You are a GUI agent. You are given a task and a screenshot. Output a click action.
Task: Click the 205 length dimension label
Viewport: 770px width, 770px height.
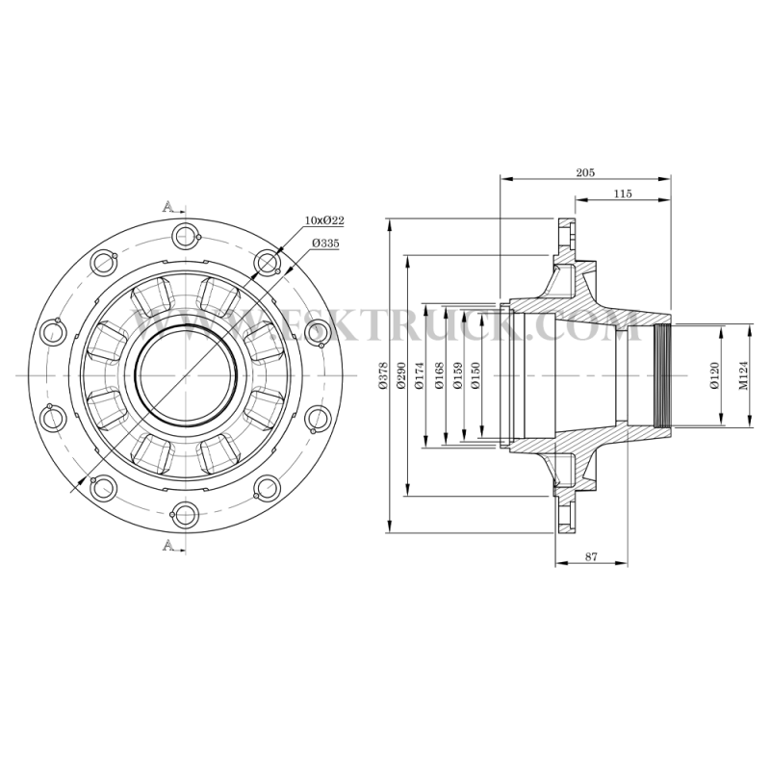pos(585,172)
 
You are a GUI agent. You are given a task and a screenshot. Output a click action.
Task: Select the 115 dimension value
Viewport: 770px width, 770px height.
pos(623,193)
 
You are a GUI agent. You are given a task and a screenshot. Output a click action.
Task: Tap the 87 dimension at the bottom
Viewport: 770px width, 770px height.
pos(591,557)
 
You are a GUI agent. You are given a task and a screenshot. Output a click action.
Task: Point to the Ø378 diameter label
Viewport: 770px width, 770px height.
pos(383,375)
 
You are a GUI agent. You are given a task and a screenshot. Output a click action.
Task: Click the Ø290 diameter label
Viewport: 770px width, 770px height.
pos(400,375)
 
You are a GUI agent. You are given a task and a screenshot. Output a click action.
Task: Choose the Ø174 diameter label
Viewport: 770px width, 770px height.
pos(419,375)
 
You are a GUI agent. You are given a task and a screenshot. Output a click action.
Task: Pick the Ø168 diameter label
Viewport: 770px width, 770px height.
pos(439,375)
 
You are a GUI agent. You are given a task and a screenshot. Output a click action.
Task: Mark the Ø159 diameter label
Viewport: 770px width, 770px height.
pos(458,375)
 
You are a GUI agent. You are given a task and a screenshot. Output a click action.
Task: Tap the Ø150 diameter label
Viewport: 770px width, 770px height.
pos(475,375)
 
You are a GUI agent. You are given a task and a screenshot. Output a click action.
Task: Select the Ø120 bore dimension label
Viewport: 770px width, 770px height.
pos(714,375)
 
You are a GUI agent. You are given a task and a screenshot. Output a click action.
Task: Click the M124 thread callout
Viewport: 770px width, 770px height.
pos(743,375)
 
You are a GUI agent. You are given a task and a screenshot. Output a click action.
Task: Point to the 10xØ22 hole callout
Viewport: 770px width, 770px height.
pos(324,220)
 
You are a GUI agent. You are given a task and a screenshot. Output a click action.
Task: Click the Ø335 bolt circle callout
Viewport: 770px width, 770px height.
pos(325,244)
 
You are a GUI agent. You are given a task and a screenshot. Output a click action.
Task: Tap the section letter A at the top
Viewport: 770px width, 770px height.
pos(167,206)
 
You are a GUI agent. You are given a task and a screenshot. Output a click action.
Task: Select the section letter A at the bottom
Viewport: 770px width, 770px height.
pos(167,545)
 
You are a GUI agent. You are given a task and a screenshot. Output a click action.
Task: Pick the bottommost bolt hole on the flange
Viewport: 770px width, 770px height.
pos(186,515)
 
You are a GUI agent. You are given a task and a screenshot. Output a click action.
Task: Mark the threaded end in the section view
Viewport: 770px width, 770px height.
pos(662,375)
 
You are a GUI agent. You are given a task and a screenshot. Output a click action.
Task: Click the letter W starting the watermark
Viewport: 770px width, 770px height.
pos(153,325)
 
